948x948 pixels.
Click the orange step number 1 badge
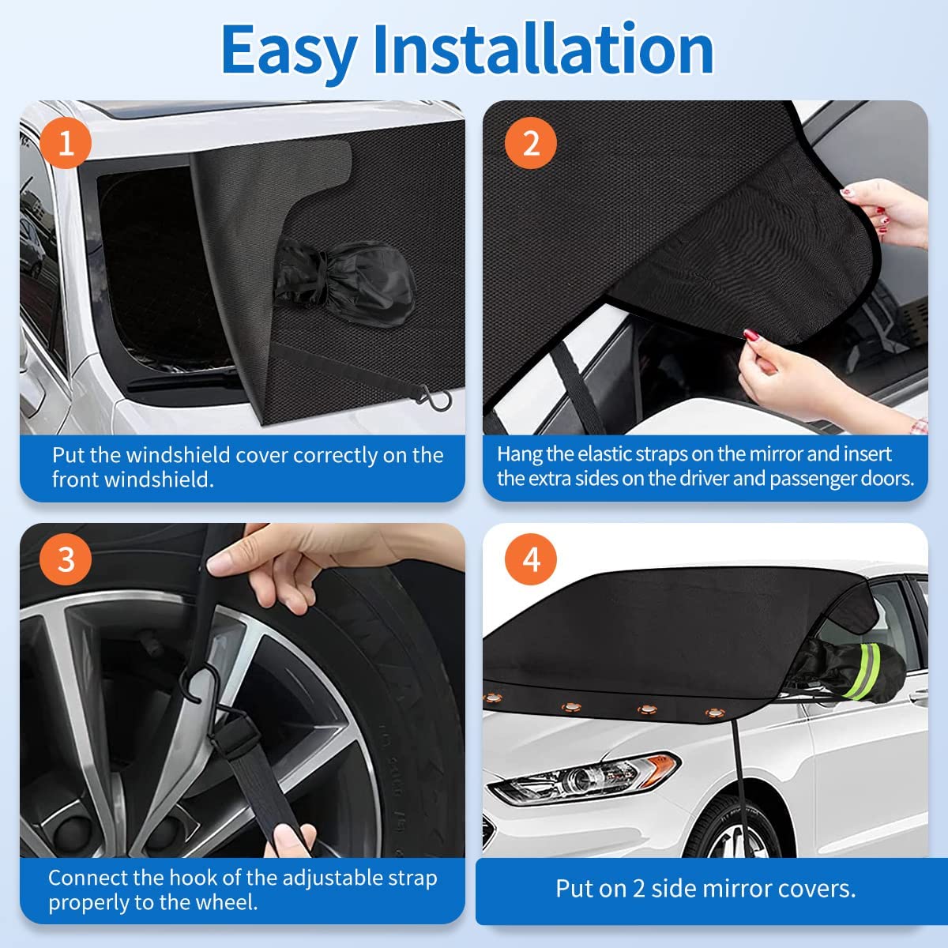pos(66,143)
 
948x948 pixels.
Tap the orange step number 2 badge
pos(531,143)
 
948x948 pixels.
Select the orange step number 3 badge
pos(66,559)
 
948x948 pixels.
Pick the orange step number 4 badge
pos(531,559)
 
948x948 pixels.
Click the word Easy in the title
pos(290,51)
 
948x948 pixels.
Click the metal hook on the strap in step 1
pos(437,399)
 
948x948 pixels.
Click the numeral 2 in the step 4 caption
pos(638,889)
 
